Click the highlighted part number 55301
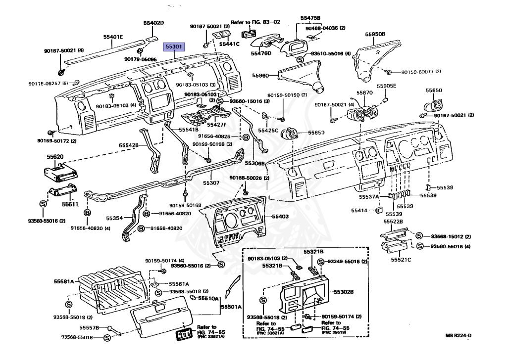(175, 47)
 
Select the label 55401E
(113, 37)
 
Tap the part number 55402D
(153, 23)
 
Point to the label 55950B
(375, 34)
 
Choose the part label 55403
(280, 216)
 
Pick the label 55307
(211, 182)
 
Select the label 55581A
(64, 281)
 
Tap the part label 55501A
(231, 307)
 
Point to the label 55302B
(343, 292)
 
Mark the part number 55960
(260, 76)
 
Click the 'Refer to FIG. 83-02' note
(255, 22)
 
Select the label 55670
(364, 92)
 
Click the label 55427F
(216, 125)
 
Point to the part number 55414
(359, 210)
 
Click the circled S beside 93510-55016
(301, 60)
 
